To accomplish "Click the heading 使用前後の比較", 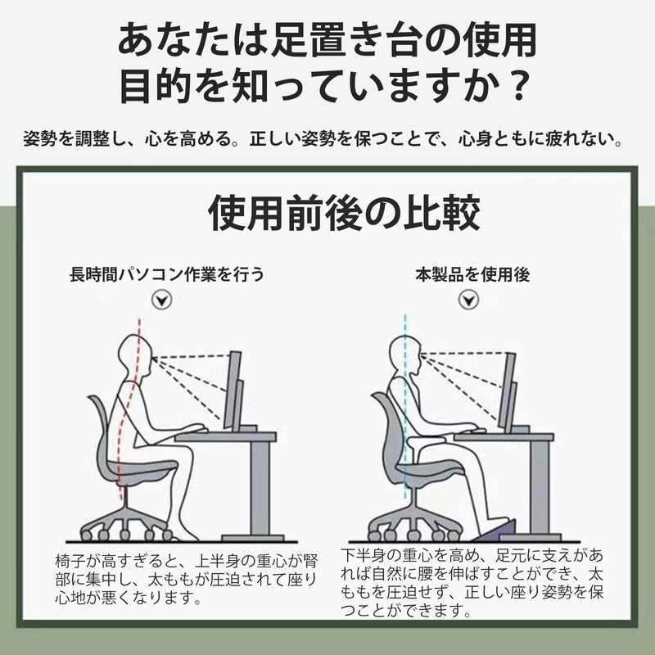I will (344, 215).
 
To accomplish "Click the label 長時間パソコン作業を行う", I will (167, 274).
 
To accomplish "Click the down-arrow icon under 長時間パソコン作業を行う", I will (165, 300).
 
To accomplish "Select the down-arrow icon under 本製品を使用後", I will (468, 300).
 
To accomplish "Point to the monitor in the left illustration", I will (234, 389).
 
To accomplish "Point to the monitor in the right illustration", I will (508, 389).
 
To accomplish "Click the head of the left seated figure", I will (136, 355).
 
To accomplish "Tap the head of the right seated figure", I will (406, 355).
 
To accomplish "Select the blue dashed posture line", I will (404, 426).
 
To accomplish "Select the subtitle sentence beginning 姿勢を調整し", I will (327, 137).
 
